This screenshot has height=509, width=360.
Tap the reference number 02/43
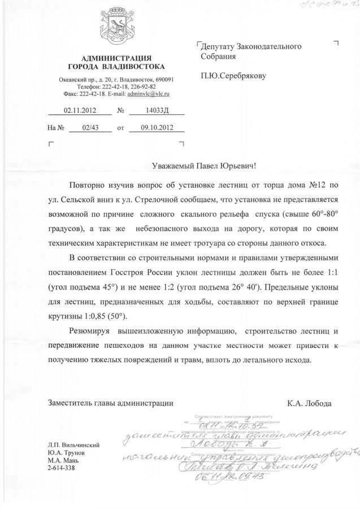pyautogui.click(x=89, y=128)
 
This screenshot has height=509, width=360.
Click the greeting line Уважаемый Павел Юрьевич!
pyautogui.click(x=205, y=166)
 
